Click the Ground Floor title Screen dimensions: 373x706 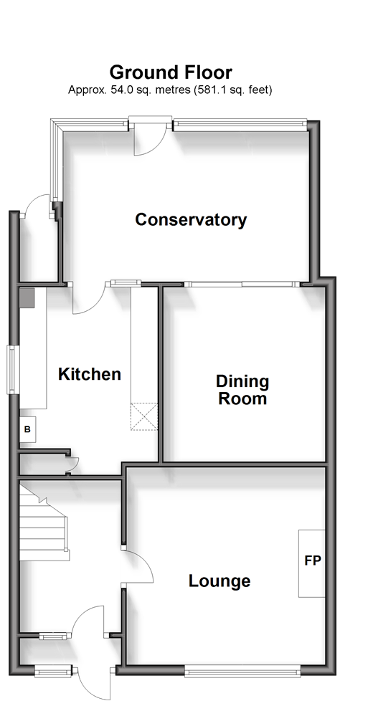pyautogui.click(x=171, y=72)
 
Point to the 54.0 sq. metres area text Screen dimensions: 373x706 pyautogui.click(x=149, y=90)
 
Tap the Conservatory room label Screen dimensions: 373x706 pyautogui.click(x=191, y=220)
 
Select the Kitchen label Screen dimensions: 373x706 pyautogui.click(x=90, y=374)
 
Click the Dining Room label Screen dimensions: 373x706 pyautogui.click(x=242, y=390)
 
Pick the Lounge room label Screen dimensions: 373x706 pyautogui.click(x=219, y=581)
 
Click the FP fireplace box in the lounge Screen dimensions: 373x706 pyautogui.click(x=312, y=563)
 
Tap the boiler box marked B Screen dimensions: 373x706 pyautogui.click(x=27, y=429)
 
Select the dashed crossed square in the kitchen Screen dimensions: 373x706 pyautogui.click(x=144, y=416)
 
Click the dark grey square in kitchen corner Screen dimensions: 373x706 pyautogui.click(x=27, y=298)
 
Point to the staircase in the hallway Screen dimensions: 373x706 pyautogui.click(x=44, y=523)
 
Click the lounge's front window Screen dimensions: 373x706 pyautogui.click(x=243, y=672)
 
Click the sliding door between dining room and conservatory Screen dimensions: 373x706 pyautogui.click(x=242, y=284)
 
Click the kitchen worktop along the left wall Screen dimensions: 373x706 pyautogui.click(x=33, y=348)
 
